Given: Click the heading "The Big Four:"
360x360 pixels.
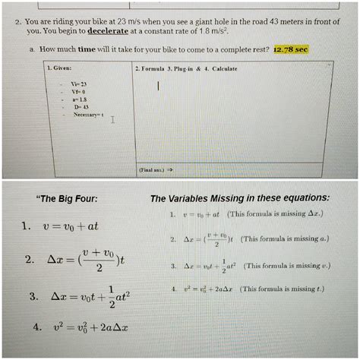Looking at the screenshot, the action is [x=67, y=200].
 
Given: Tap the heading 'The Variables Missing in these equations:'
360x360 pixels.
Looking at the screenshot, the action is [x=239, y=199].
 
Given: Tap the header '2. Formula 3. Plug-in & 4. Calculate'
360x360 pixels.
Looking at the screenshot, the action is [x=185, y=68].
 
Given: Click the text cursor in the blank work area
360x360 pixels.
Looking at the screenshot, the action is [x=158, y=87].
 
